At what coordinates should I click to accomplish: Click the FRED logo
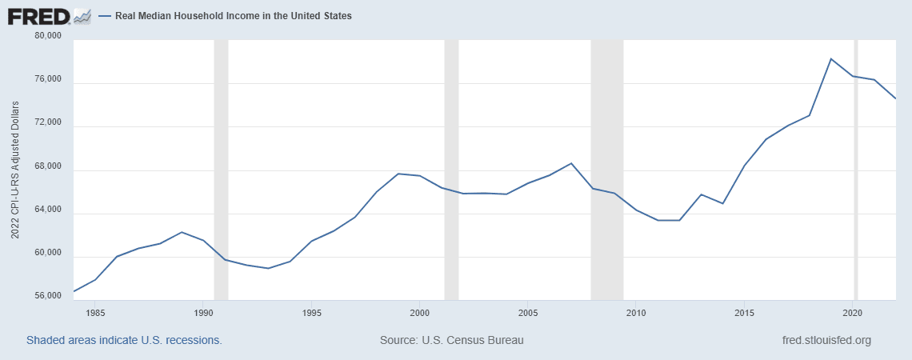pos(48,15)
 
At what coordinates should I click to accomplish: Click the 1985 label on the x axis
pos(94,312)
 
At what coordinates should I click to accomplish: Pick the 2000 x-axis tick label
pos(420,312)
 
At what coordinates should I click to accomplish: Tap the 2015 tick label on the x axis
pos(745,312)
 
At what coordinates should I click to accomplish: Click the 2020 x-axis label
pos(853,312)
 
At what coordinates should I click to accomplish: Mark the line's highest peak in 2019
pos(831,58)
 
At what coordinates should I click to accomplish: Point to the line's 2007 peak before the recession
pos(571,163)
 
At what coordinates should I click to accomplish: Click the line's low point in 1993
pos(268,268)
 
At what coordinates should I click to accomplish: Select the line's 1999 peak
pos(398,174)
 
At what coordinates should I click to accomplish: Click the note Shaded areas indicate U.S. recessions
pos(124,340)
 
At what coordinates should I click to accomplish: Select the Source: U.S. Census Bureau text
pos(452,340)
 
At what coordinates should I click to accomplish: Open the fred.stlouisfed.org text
pos(826,340)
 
